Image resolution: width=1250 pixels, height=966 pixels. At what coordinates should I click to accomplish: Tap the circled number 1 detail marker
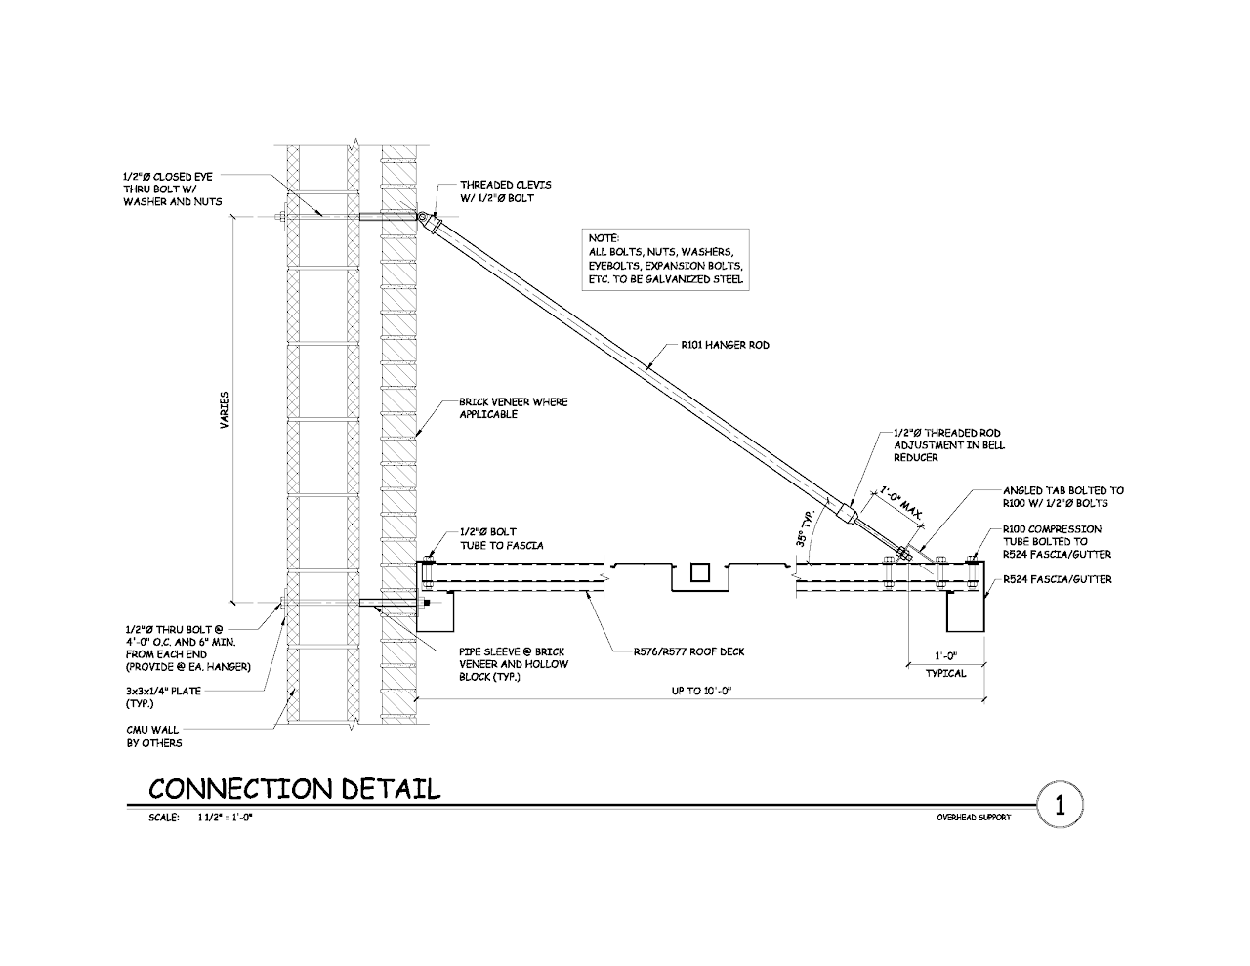tap(1059, 807)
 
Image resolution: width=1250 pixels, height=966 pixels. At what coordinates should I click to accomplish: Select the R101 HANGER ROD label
tap(726, 345)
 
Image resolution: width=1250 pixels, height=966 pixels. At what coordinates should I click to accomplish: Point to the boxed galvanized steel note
tap(666, 259)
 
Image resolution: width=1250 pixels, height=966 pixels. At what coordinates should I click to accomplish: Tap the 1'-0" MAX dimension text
tap(900, 501)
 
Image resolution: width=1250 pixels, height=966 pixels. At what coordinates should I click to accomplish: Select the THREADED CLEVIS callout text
tap(505, 191)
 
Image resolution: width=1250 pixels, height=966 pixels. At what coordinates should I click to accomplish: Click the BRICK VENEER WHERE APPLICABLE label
tap(513, 408)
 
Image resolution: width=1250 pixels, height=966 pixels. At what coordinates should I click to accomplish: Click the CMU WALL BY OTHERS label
tap(154, 735)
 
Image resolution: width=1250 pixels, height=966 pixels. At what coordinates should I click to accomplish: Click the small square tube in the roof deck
tap(700, 572)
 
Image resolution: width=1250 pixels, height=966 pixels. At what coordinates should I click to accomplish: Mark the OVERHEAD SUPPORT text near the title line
tap(973, 818)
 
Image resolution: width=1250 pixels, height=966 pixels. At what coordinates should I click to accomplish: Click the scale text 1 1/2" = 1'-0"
tap(224, 818)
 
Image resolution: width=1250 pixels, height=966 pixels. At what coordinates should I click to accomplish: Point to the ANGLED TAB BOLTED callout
tap(1062, 497)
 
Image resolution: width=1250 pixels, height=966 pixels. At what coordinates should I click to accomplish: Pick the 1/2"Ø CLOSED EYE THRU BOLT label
tap(170, 189)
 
